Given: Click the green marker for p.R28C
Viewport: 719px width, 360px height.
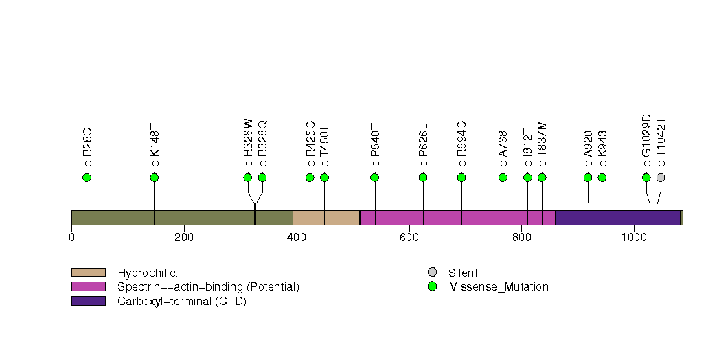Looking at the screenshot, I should point(87,177).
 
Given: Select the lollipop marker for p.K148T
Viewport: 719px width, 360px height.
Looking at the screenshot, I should point(155,177).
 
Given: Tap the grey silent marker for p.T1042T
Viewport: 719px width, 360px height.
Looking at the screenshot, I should point(661,177).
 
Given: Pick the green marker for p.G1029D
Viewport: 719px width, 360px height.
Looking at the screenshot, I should point(646,177).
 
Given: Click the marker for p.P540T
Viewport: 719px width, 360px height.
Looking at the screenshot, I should point(375,177).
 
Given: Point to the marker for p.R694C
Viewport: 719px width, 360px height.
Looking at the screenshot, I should point(461,177).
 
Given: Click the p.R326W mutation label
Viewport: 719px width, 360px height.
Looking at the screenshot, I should point(249,142).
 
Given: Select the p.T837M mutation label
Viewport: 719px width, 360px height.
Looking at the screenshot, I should point(543,144).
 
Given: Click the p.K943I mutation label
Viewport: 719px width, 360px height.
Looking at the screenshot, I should point(602,146).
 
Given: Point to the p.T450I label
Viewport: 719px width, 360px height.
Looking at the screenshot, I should point(325,146).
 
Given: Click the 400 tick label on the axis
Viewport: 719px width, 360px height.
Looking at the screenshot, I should point(296,238).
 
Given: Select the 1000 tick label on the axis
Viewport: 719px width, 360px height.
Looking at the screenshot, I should point(633,238).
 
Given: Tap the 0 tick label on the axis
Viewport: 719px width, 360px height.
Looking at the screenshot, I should point(71,238).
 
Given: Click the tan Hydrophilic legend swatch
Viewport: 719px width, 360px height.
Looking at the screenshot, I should point(88,273).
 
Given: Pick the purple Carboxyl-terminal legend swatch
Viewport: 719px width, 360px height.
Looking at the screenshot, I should point(88,300).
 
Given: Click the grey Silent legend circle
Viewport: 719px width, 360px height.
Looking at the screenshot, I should point(431,273).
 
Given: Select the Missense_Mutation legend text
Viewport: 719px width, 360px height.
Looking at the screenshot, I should point(498,286).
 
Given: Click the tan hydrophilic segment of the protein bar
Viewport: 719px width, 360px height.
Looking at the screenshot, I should point(326,218).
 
